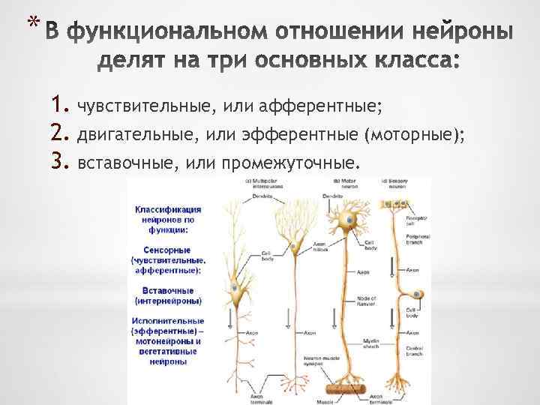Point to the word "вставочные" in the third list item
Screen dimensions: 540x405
[121, 162]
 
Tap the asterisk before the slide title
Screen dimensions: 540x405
[29, 22]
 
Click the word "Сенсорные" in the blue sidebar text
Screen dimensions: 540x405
[163, 248]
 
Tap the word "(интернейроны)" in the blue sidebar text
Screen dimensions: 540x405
[166, 301]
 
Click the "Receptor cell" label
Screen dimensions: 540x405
[415, 219]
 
